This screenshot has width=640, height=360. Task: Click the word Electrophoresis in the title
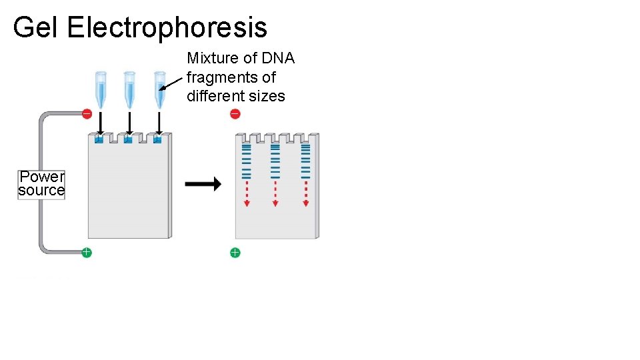tap(167, 27)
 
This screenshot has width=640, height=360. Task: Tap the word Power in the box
tap(41, 177)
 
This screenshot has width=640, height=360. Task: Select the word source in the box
tap(41, 191)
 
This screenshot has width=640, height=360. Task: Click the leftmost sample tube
tap(100, 89)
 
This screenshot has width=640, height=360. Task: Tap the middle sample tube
tap(129, 89)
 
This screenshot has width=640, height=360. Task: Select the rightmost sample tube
tap(159, 89)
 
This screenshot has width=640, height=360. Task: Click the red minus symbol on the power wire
tap(87, 114)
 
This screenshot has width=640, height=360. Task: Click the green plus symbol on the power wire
tap(87, 252)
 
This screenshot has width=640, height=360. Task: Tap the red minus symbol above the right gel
tap(235, 114)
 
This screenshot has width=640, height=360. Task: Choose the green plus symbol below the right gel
tap(235, 253)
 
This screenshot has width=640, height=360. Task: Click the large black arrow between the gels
tap(202, 184)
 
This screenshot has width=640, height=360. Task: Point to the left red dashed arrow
tap(246, 194)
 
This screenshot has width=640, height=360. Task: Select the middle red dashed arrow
tap(275, 194)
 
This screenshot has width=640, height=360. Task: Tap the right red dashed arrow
tap(305, 194)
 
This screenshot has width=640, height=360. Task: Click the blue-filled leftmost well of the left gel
tap(99, 140)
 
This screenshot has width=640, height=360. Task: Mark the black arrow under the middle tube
tap(129, 123)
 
